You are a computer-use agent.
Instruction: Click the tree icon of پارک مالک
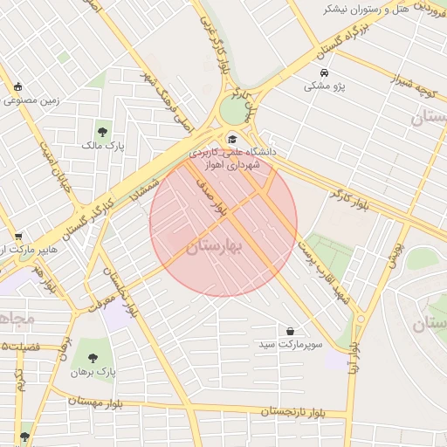point(103,132)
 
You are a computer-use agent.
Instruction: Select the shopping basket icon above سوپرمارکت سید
point(290,332)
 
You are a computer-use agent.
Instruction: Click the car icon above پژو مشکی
point(325,73)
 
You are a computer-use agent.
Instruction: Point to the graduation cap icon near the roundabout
point(231,139)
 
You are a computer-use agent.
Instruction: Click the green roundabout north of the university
point(233,110)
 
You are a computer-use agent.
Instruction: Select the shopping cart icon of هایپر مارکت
point(18,237)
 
